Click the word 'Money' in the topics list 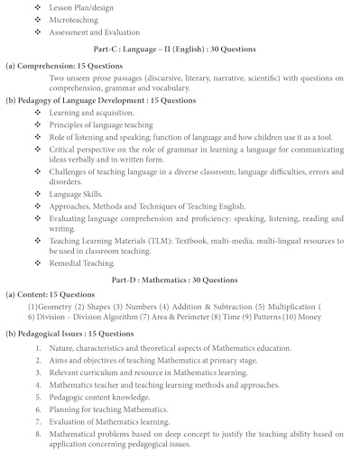coord(335,307)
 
